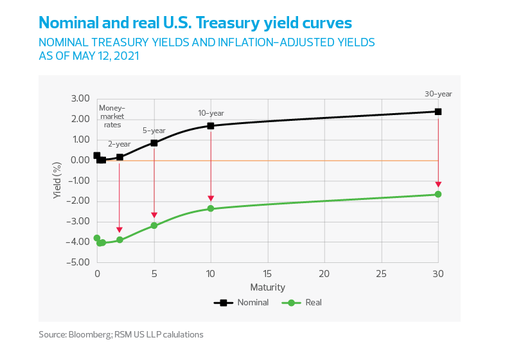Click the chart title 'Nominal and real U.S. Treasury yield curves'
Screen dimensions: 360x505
coord(195,23)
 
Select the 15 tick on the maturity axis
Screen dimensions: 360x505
coord(267,273)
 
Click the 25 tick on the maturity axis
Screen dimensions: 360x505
coord(381,273)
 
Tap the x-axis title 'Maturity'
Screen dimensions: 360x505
coord(267,287)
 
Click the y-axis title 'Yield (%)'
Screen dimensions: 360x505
coord(57,180)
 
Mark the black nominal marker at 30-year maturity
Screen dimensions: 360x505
coord(438,111)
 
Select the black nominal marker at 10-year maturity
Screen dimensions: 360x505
coord(211,125)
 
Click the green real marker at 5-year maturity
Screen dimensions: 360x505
coord(154,224)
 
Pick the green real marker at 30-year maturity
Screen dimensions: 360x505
coord(438,194)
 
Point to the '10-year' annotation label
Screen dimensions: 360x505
coord(211,113)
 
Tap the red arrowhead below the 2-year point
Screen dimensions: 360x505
coord(120,229)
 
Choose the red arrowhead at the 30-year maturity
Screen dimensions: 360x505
coord(438,184)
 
